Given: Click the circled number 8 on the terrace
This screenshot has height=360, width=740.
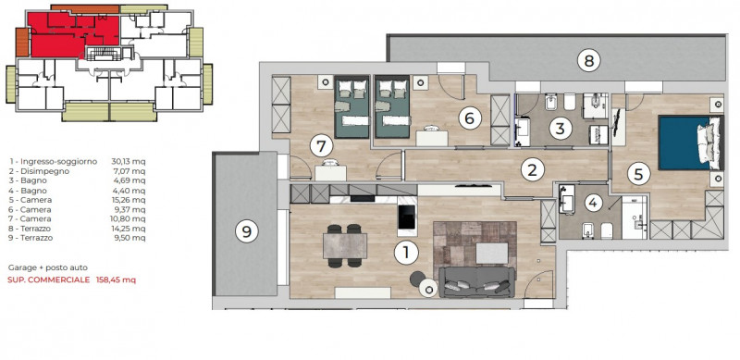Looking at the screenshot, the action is tap(588, 60).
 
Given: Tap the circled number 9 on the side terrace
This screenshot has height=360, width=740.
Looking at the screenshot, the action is tap(246, 231).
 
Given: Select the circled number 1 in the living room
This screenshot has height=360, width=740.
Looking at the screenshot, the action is tap(405, 253).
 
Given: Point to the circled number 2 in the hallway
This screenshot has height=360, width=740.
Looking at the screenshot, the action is tap(533, 170).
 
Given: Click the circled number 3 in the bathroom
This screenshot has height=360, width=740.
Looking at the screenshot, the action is tap(561, 129).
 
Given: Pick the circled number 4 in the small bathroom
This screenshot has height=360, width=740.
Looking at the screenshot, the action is tap(593, 204).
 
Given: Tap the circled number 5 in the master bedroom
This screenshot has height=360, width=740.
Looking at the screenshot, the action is tap(638, 175).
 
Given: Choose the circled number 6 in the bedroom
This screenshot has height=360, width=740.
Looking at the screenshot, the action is tap(469, 118).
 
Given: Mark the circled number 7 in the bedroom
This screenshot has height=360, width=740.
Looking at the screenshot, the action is tap(321, 146).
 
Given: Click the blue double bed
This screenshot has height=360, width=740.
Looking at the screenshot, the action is tap(690, 143).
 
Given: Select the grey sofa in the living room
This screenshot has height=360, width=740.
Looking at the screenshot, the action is tap(476, 282).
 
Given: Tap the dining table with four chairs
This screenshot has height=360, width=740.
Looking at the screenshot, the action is tap(345, 246).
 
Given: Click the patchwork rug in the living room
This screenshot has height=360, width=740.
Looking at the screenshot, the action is tap(475, 251).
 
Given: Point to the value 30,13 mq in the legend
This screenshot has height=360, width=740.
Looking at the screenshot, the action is tap(129, 162).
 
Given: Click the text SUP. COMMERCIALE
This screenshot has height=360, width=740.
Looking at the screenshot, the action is tap(49, 279).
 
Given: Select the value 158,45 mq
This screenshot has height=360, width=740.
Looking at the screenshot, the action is tap(116, 279).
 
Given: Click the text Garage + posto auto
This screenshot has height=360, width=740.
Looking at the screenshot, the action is tap(48, 267).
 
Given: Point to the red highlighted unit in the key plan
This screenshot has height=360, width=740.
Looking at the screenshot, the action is tap(71, 34).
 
